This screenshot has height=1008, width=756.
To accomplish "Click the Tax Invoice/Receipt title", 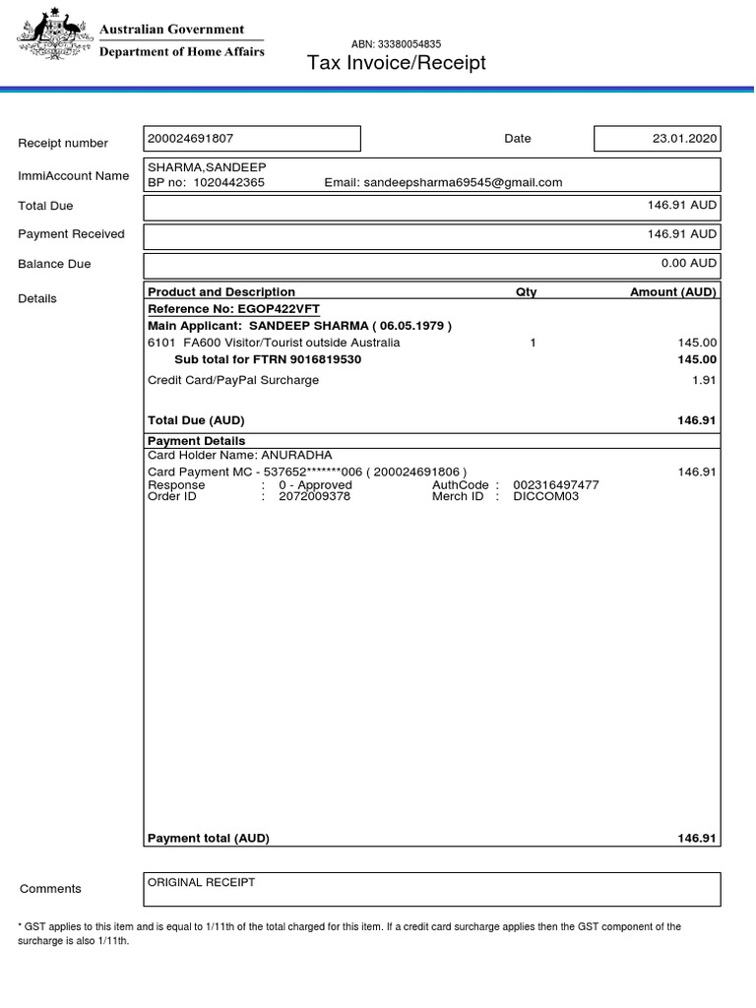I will [397, 64].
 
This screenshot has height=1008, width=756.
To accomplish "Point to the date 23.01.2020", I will [684, 139].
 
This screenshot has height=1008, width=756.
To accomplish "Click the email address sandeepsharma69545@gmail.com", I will [463, 182].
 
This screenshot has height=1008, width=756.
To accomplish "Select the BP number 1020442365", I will [228, 182].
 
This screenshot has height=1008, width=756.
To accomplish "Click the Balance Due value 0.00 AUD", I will [689, 263].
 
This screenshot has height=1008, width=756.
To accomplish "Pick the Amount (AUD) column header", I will [673, 292].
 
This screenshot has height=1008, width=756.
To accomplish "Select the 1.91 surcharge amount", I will [704, 380].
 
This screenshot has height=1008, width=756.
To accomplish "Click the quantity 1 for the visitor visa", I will [533, 343].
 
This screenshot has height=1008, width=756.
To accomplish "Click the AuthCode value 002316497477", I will [556, 485].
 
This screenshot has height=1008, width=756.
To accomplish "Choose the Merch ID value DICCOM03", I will [546, 496].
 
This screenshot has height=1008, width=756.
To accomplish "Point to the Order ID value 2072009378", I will [314, 496].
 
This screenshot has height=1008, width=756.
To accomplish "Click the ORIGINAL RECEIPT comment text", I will [201, 882].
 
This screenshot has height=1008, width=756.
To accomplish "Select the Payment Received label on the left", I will [71, 234].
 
